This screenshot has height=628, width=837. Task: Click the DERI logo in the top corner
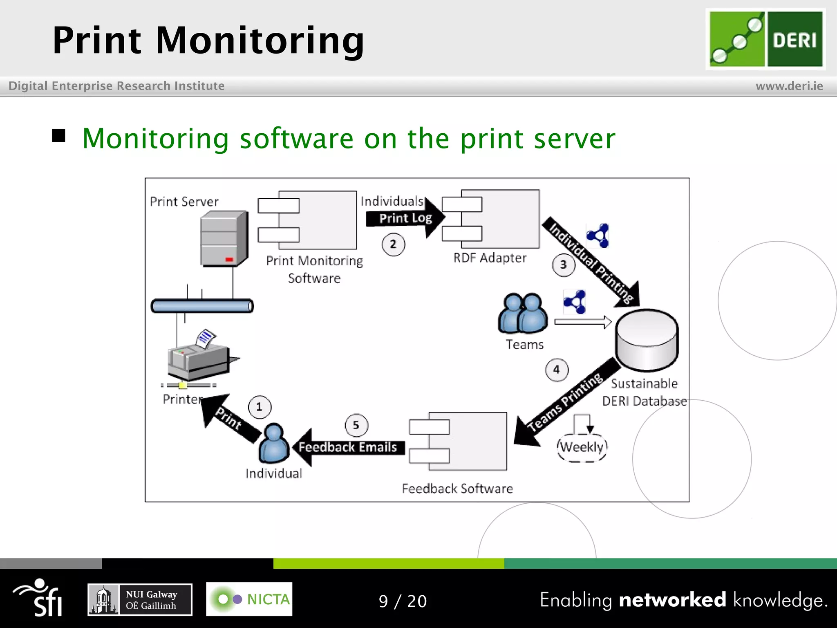point(765,39)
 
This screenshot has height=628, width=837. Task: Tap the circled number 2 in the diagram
point(393,244)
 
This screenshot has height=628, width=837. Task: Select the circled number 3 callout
point(564,265)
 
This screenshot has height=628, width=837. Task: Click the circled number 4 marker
point(557,370)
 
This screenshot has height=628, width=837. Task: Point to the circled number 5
point(356,425)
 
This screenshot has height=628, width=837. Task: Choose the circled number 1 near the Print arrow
point(259,407)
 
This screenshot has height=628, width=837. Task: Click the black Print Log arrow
point(405,218)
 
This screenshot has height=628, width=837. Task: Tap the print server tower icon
point(224,240)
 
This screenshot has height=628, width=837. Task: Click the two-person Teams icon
point(523,314)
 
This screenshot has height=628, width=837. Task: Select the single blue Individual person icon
point(273,444)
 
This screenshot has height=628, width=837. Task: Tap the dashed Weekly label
point(582,447)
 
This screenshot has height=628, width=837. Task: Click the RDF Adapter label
point(490,258)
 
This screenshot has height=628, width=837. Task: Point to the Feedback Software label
point(457,489)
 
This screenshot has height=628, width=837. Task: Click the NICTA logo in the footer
point(249,599)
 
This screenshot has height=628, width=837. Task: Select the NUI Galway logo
point(140,600)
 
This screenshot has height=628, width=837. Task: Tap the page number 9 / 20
point(403,601)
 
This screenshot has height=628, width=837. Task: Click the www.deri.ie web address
point(789,86)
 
